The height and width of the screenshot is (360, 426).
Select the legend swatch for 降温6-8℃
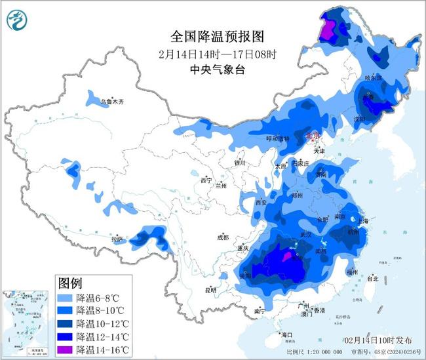pyautogui.click(x=66, y=298)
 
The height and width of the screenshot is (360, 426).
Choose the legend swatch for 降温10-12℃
pyautogui.click(x=66, y=323)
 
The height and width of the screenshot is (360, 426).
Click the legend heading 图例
pyautogui.click(x=70, y=283)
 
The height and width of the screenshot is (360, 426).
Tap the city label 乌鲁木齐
pyautogui.click(x=112, y=102)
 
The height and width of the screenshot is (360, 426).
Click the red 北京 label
pyautogui.click(x=315, y=136)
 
